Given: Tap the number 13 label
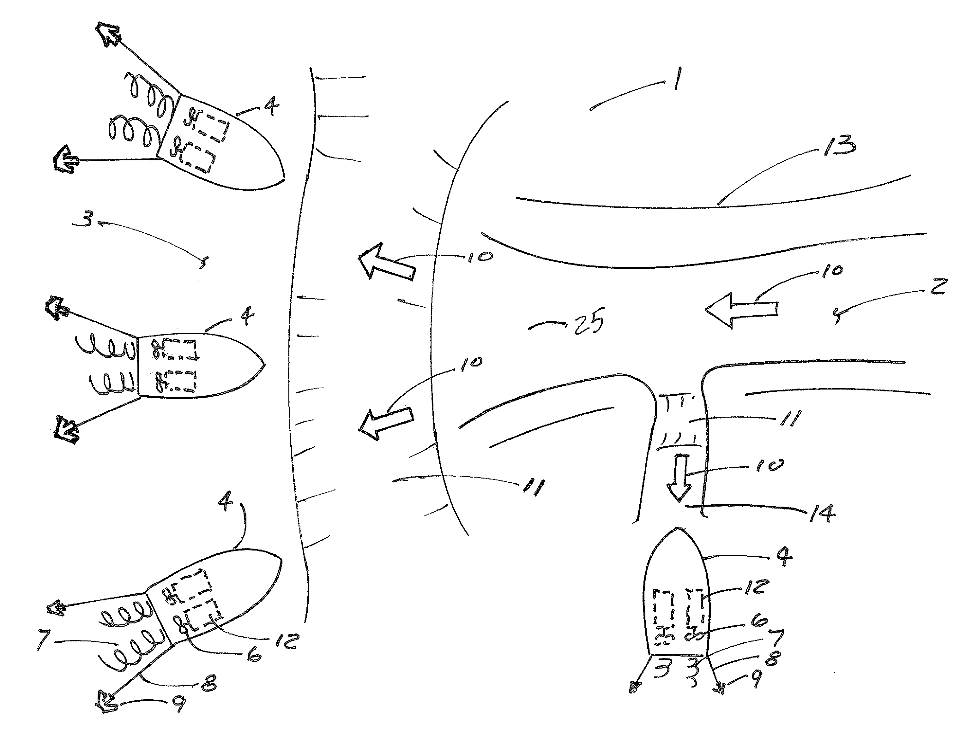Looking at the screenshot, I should tap(839, 145).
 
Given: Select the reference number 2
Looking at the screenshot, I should tap(938, 287).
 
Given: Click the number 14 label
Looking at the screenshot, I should tap(822, 513).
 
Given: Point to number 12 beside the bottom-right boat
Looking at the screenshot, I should tap(756, 586).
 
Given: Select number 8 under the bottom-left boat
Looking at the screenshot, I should tap(209, 683).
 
